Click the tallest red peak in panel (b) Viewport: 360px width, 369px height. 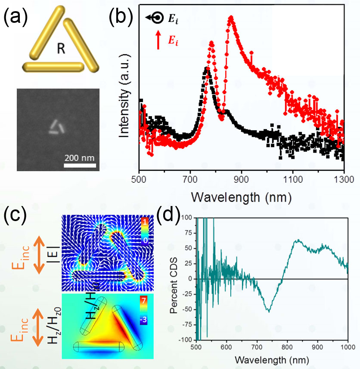pos(231,18)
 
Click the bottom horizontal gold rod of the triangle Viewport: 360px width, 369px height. pos(54,66)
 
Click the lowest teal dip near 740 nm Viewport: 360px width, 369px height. pos(269,312)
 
